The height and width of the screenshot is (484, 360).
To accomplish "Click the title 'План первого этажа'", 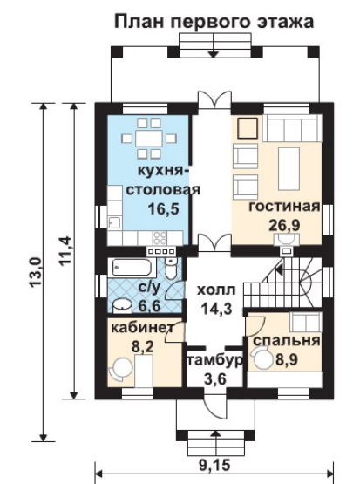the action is click(214, 22).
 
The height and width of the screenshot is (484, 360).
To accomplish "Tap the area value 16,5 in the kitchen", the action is click(163, 209).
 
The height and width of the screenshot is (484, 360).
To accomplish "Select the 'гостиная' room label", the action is click(284, 207).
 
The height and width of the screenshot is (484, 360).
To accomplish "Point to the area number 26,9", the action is click(284, 225).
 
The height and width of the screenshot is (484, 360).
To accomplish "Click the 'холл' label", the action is click(216, 290).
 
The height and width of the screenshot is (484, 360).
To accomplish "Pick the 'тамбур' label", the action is click(214, 360).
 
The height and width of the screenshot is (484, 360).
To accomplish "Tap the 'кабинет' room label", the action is click(143, 328).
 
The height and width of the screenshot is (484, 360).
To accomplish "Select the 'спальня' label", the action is click(286, 341).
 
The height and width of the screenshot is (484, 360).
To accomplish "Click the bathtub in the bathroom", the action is click(132, 268).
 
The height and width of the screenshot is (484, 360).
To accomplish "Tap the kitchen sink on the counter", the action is click(115, 222).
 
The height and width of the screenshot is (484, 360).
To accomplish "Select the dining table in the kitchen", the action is click(149, 139).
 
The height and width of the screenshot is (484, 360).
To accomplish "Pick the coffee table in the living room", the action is click(289, 168).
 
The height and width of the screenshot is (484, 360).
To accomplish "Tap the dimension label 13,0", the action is click(36, 273).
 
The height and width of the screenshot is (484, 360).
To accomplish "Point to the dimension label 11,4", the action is click(65, 250).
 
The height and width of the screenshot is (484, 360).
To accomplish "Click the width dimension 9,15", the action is click(214, 464).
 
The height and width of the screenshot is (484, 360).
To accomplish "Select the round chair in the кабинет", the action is click(119, 368).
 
